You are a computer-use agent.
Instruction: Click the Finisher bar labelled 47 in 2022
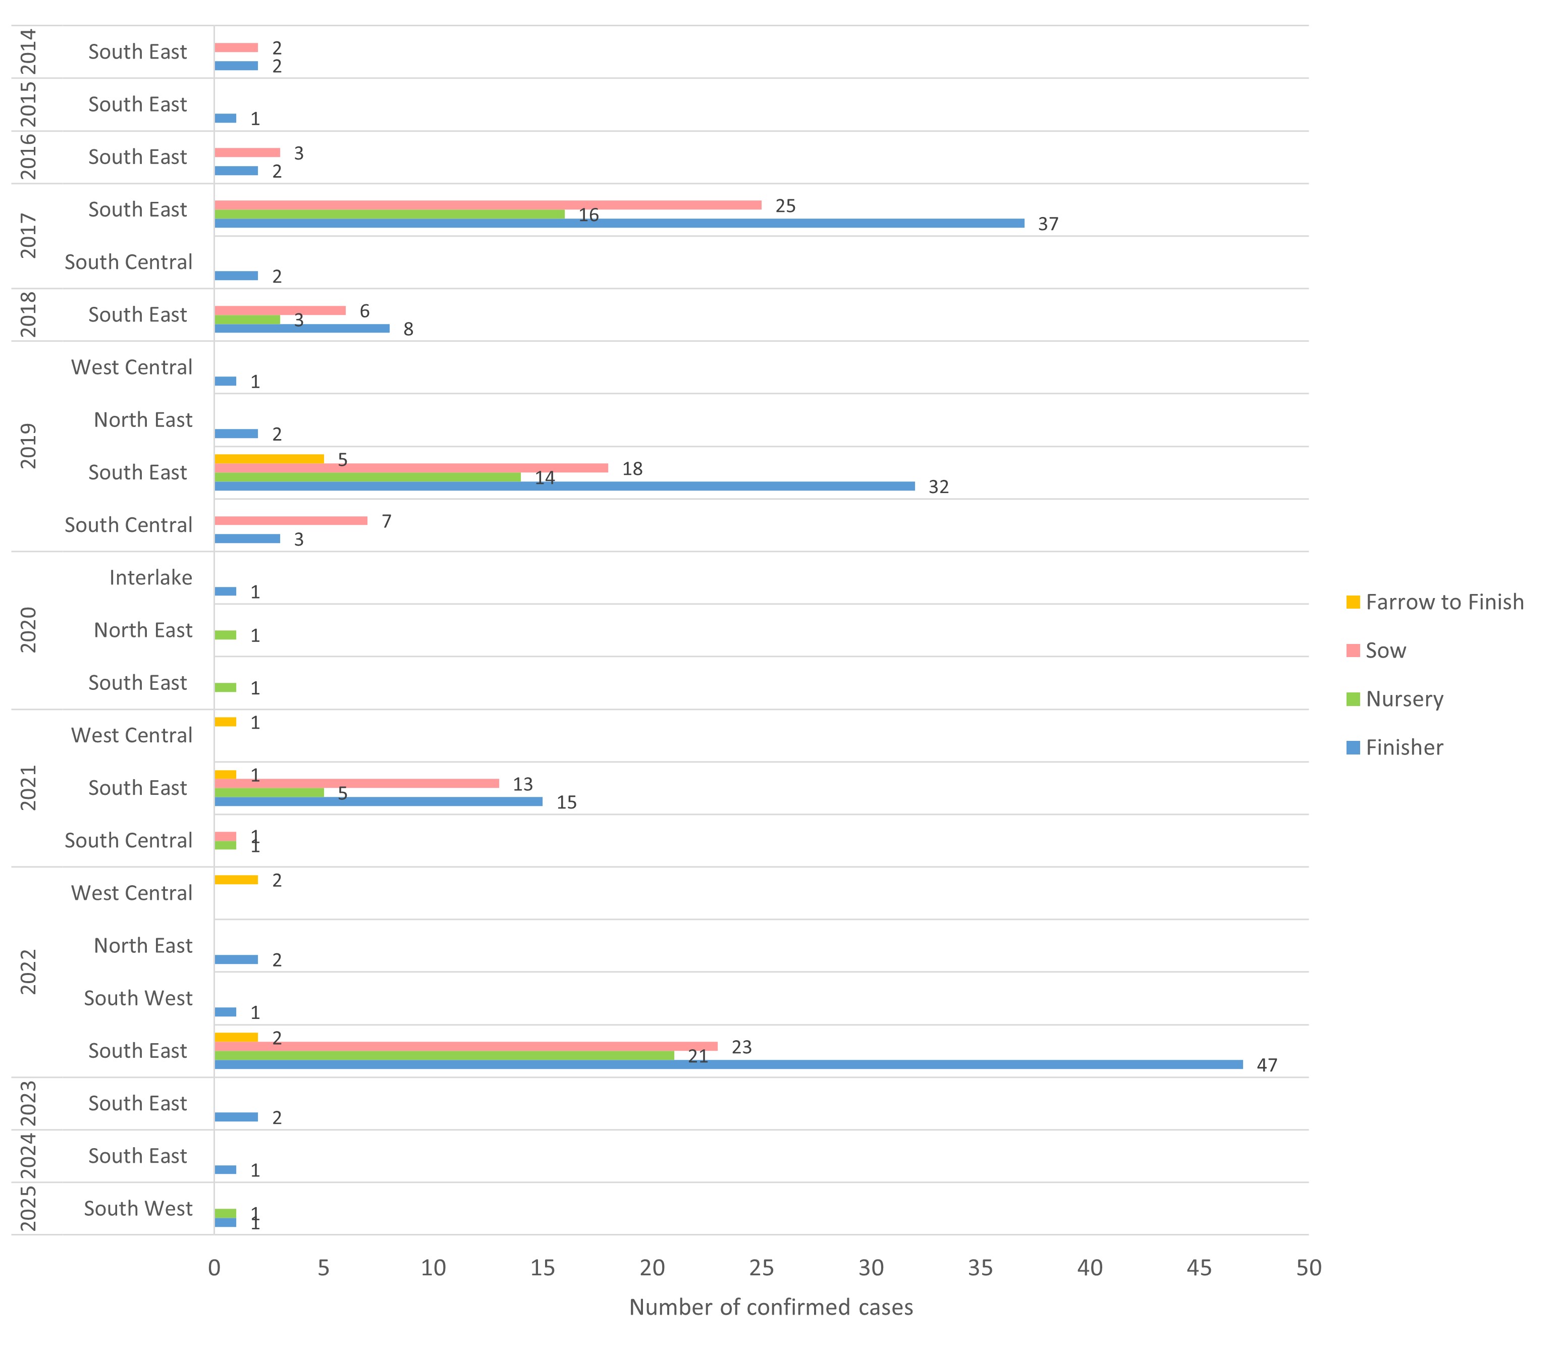[x=728, y=1064]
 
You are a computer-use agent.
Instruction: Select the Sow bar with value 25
[x=488, y=205]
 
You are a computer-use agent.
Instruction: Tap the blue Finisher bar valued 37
[x=619, y=223]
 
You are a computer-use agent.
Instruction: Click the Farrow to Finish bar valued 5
[x=269, y=459]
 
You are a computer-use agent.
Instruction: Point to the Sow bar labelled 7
[x=291, y=520]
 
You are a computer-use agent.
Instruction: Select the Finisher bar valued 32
[x=564, y=486]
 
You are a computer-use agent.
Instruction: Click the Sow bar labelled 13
[x=356, y=783]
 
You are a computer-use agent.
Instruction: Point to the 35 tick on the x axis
[x=980, y=1268]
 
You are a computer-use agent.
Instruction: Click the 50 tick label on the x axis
[x=1309, y=1268]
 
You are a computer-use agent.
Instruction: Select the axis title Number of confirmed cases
[x=771, y=1308]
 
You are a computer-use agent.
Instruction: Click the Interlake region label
[x=151, y=578]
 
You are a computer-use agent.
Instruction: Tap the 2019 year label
[x=28, y=446]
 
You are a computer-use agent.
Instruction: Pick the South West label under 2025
[x=138, y=1209]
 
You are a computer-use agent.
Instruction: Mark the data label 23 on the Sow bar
[x=741, y=1047]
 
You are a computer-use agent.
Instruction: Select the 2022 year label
[x=28, y=972]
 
